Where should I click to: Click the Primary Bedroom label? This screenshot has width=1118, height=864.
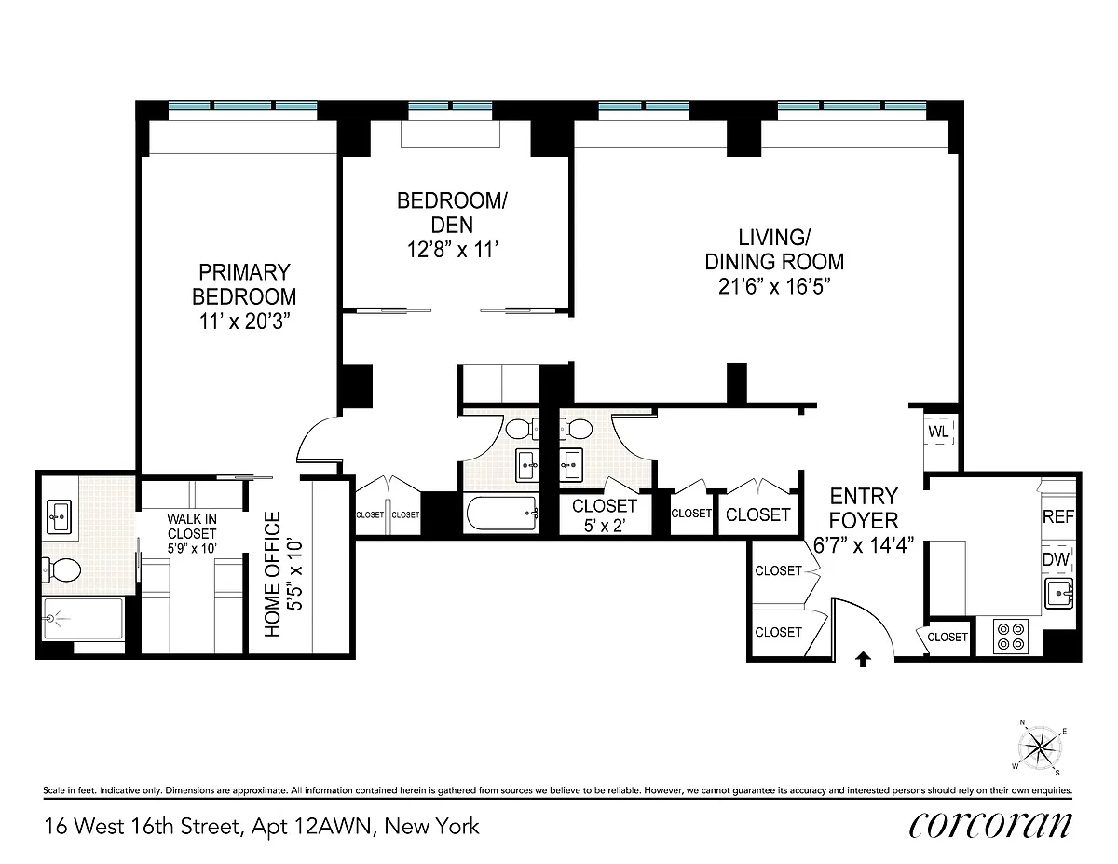[244, 284]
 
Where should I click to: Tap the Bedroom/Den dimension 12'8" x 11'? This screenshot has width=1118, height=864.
[452, 250]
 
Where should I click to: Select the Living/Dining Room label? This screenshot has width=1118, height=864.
[774, 250]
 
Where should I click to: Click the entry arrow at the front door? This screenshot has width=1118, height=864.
[863, 659]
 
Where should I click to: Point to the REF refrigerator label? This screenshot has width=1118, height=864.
[1058, 516]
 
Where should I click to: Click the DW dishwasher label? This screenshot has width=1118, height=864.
[1056, 559]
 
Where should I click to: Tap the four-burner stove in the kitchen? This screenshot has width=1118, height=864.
[1011, 637]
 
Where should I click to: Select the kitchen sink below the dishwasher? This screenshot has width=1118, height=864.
[1058, 594]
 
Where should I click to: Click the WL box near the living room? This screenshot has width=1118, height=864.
[939, 432]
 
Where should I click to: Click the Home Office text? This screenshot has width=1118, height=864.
[272, 573]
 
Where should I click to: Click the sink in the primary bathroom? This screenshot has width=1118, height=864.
[61, 516]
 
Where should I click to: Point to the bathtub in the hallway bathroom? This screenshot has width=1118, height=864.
[502, 513]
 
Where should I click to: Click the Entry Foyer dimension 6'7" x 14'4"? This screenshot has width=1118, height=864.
[864, 545]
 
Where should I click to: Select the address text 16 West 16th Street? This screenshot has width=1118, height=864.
[143, 827]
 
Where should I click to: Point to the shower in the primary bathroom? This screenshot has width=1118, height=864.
[83, 618]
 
